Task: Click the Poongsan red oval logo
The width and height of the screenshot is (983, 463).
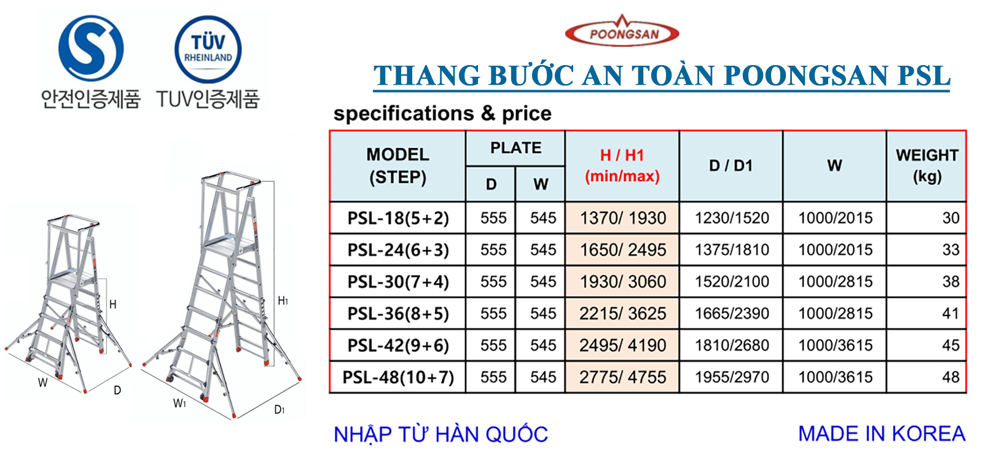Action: coord(622,32)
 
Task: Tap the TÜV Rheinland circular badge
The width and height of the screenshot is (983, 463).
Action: coord(208,49)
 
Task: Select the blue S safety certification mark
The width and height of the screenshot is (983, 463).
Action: coord(91,49)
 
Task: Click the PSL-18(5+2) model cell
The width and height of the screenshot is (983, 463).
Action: coord(398,218)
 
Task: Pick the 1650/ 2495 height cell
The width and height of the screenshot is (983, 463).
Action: coord(623,250)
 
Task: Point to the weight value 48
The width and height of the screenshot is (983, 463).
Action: coord(950,377)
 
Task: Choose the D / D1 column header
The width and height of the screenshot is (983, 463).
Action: coord(730,166)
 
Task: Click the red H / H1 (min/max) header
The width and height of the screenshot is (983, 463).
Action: coord(622,166)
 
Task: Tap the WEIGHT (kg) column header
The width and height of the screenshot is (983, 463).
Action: coord(927,166)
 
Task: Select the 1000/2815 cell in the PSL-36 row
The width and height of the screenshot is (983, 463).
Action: coord(835,314)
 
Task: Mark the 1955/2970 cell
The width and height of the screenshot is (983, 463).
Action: coord(732,377)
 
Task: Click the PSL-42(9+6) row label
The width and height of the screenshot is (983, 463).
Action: coord(398,346)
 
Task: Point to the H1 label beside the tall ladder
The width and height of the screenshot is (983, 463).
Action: coord(283,301)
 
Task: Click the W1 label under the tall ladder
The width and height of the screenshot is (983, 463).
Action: coord(179,403)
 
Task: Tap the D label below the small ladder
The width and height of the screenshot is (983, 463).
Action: coord(117,390)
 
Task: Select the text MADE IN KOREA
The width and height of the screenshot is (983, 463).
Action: coord(882,434)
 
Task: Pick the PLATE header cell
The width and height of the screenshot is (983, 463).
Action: coord(515,148)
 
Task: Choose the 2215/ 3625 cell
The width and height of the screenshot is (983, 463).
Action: coord(623,314)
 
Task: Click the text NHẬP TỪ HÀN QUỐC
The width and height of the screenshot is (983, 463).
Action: coord(441,434)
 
